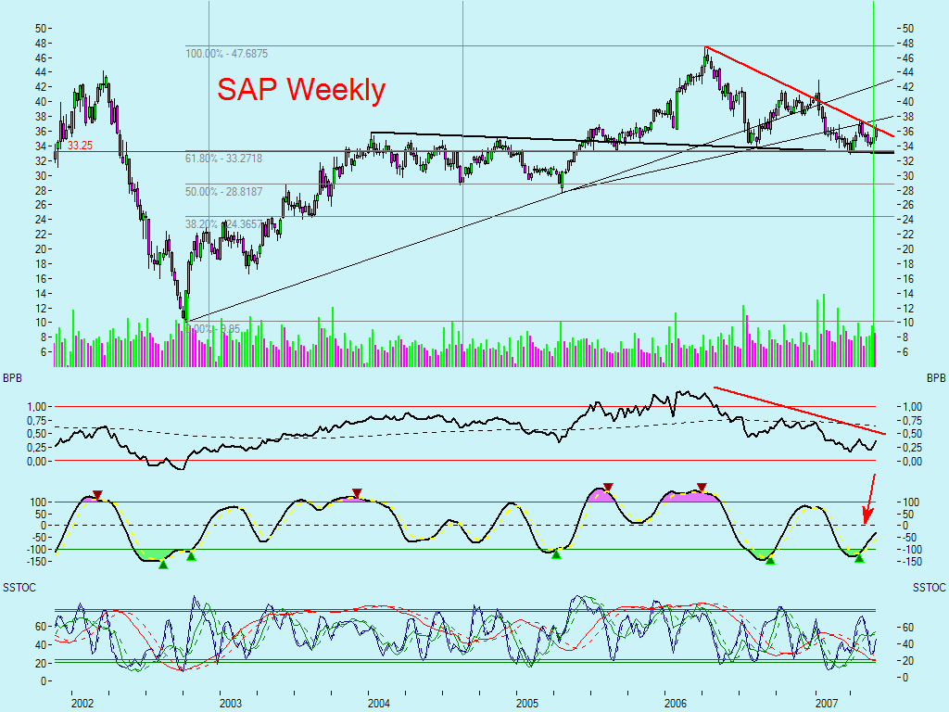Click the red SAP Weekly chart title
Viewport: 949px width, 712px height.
click(301, 90)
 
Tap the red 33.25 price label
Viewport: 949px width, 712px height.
click(80, 146)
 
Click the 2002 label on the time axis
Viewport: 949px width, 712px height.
click(82, 704)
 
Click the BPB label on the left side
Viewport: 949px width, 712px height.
click(14, 379)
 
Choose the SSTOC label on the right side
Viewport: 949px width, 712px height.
click(928, 589)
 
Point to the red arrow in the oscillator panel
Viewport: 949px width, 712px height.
click(869, 499)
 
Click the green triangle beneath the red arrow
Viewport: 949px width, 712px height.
click(859, 557)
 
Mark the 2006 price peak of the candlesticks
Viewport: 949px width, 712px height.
click(705, 49)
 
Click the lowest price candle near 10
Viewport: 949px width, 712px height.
click(185, 317)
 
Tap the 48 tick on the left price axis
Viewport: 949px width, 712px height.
click(41, 43)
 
